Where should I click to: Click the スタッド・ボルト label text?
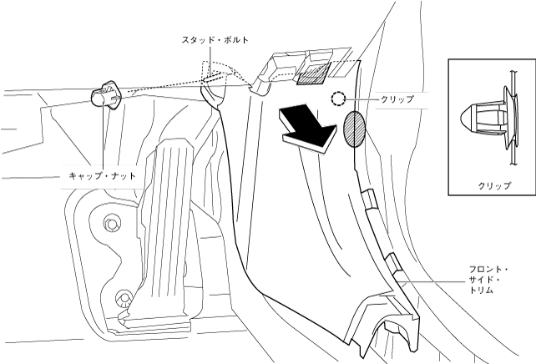pos(215,39)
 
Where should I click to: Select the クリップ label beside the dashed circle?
pos(397,99)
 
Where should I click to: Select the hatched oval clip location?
pos(354,128)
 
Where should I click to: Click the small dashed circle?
pos(337,99)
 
